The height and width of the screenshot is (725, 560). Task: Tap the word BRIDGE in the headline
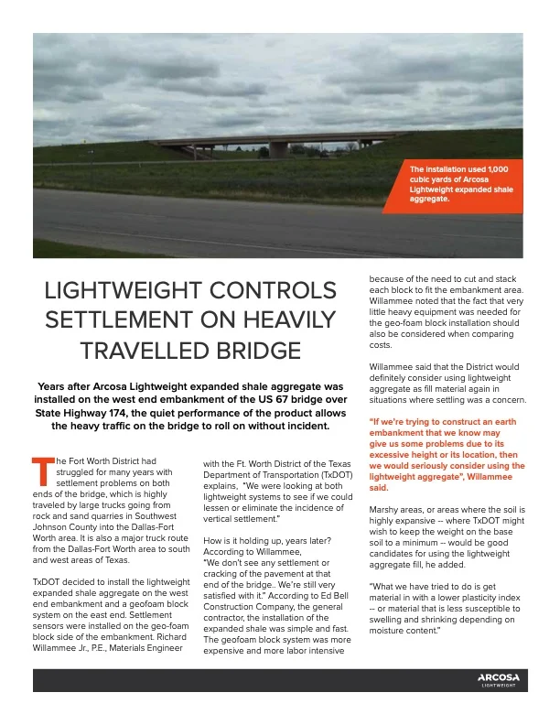coord(249,351)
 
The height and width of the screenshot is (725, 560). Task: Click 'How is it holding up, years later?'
coord(267,540)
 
